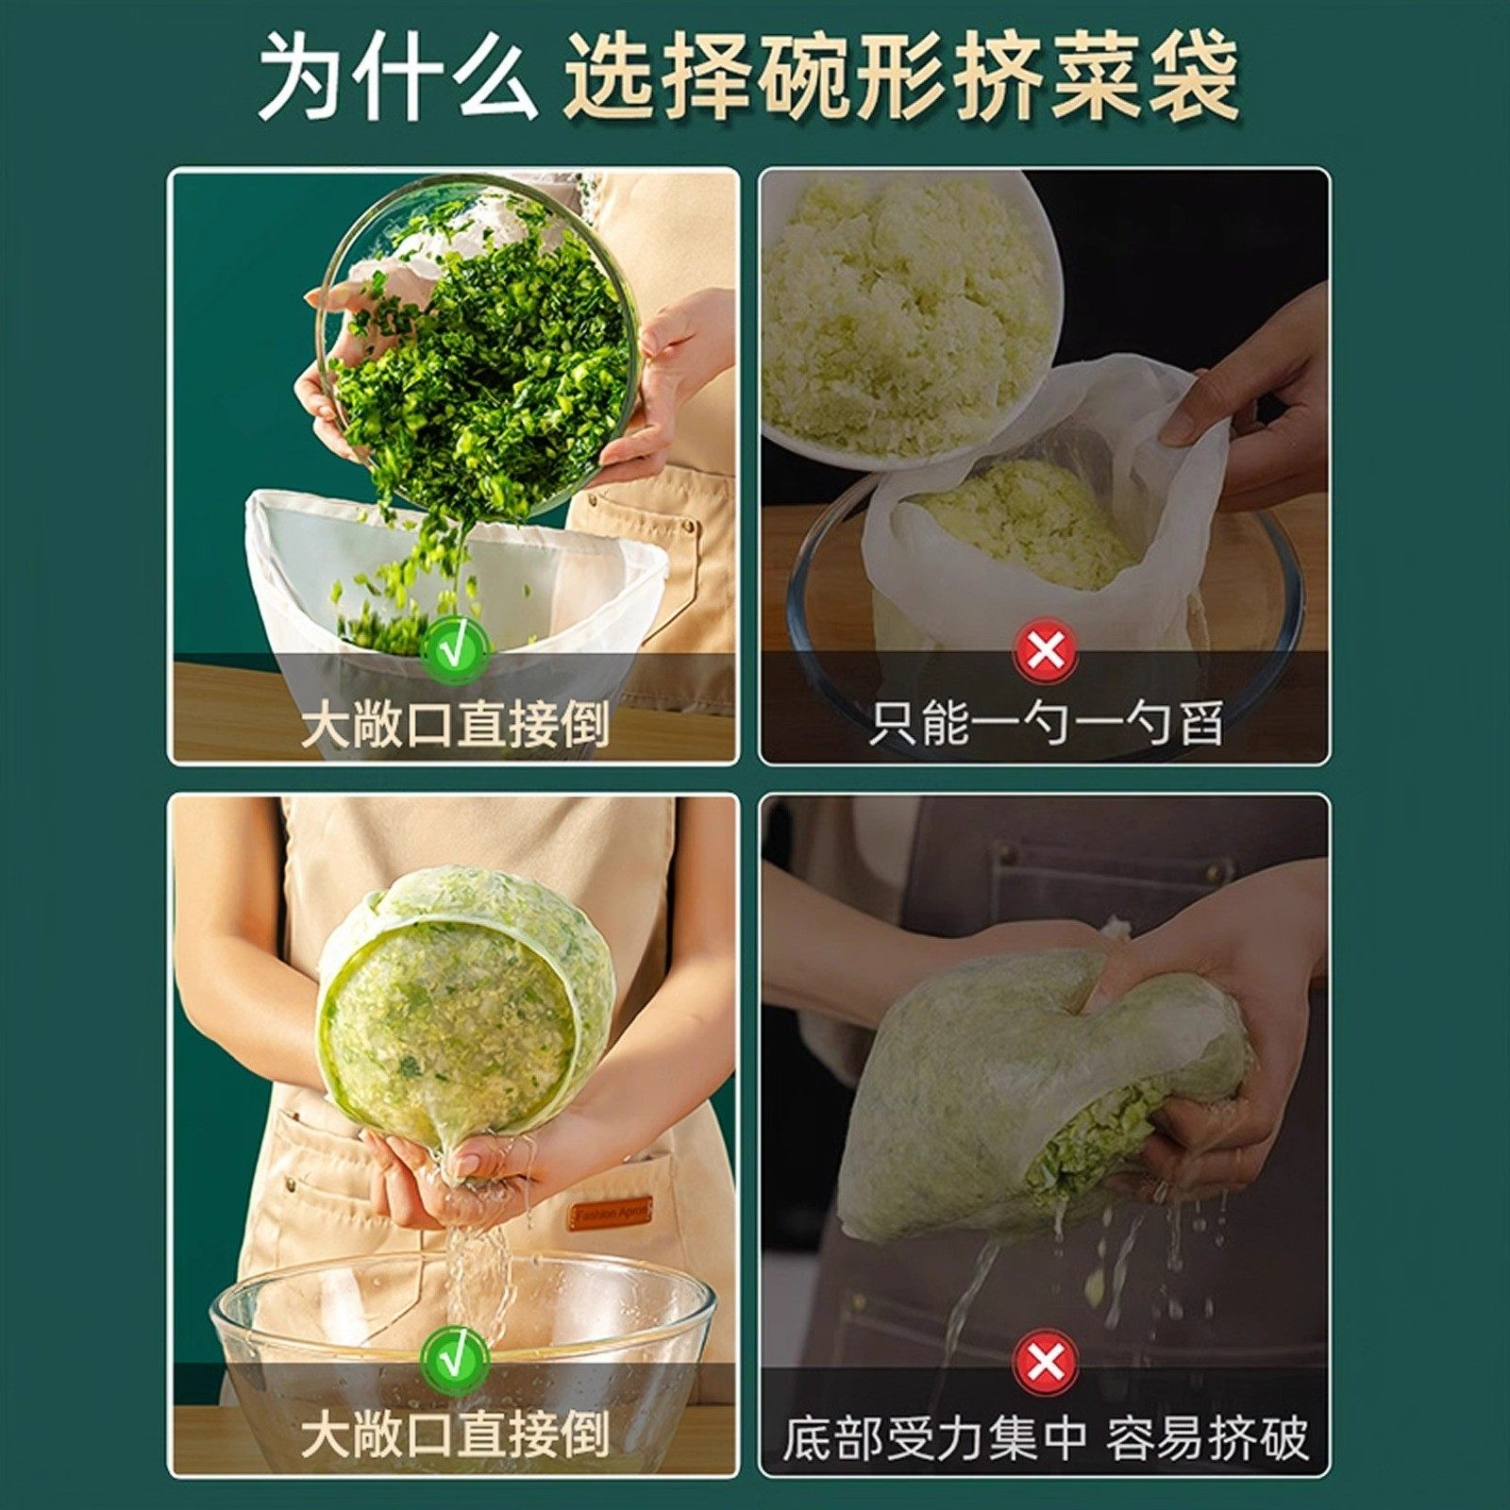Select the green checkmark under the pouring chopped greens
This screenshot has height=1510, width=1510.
coord(454,650)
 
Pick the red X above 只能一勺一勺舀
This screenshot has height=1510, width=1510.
coord(1045,650)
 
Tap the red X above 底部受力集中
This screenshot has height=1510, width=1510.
coord(1045,1360)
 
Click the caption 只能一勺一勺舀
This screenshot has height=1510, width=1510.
coord(1045,725)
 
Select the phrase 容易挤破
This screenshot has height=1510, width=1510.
coord(1208,1439)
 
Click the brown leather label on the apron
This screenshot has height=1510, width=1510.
coord(610,1214)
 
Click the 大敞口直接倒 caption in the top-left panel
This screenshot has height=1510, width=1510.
coord(454,725)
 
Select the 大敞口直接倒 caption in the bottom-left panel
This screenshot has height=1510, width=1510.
coord(454,1434)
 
